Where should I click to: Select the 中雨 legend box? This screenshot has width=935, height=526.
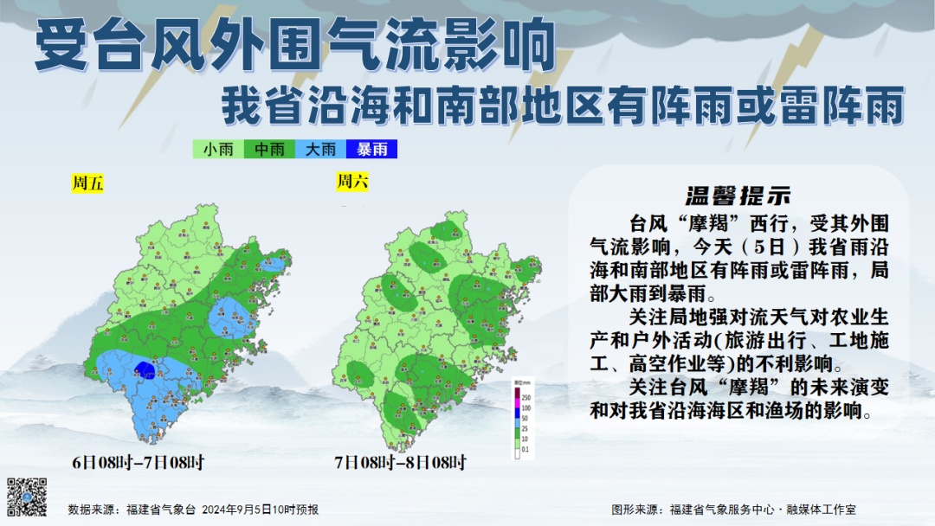(x=269, y=150)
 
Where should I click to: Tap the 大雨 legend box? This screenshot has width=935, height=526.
(x=320, y=150)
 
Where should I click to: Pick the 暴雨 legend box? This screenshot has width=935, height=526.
(x=371, y=150)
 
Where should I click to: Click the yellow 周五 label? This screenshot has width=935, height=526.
(x=87, y=183)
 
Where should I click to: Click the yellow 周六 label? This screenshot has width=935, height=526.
(x=351, y=181)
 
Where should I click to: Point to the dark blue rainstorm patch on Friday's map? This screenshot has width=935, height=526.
(x=146, y=371)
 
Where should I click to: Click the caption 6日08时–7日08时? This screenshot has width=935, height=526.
(x=139, y=463)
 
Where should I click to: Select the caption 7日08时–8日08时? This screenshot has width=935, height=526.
(x=400, y=463)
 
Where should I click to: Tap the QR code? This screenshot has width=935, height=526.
(x=26, y=497)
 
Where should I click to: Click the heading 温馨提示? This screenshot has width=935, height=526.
(x=738, y=195)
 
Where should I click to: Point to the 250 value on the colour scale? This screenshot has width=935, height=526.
(x=526, y=396)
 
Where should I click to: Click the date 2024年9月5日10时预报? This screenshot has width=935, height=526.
(x=261, y=510)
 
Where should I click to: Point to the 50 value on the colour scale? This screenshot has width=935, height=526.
(x=525, y=419)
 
